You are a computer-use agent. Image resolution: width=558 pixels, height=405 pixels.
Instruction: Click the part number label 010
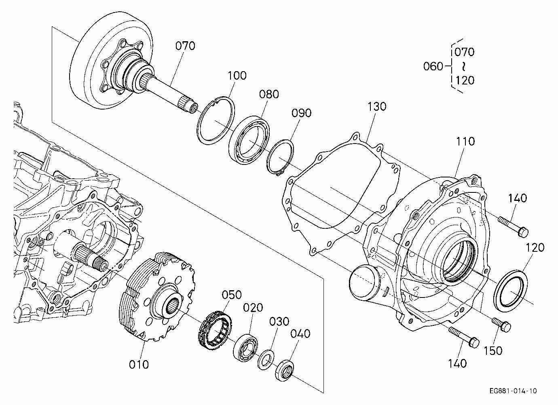(x=139, y=365)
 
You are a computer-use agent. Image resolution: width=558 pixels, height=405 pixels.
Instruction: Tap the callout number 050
(x=232, y=295)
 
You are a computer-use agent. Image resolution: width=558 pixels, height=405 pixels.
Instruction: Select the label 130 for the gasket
(x=377, y=107)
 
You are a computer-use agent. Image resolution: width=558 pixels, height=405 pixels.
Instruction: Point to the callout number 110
(x=465, y=141)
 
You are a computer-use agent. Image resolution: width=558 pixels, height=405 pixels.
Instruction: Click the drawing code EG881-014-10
(x=513, y=391)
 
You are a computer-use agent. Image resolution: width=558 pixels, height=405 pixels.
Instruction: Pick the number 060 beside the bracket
(x=433, y=66)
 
